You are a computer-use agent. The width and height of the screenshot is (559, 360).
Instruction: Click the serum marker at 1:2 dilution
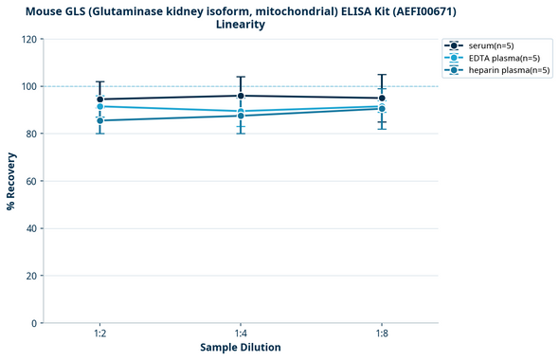99,99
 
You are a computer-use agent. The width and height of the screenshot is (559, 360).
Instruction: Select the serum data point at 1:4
241,96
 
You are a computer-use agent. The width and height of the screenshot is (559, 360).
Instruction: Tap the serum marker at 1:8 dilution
382,99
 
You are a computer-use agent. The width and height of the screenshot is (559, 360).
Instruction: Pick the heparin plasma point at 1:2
99,120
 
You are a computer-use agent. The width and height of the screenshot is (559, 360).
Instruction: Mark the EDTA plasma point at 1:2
99,106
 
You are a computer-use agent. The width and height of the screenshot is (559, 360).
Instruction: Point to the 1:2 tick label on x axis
99,334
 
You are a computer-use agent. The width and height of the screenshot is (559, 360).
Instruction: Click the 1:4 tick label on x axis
241,334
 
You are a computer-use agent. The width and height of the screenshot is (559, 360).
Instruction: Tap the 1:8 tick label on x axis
382,334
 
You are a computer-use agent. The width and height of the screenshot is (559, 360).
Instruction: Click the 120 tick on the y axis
29,39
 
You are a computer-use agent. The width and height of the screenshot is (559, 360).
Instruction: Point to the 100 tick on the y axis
29,86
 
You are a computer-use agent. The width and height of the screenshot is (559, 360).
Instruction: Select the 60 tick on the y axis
32,181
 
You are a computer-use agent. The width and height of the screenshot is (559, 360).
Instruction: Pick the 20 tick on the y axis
32,276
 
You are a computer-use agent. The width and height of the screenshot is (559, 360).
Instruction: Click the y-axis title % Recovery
10,181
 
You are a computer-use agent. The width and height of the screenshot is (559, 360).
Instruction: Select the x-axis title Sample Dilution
241,348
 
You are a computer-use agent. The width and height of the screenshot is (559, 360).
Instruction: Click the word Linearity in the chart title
241,25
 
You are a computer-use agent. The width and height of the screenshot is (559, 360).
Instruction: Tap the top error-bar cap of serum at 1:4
241,77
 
